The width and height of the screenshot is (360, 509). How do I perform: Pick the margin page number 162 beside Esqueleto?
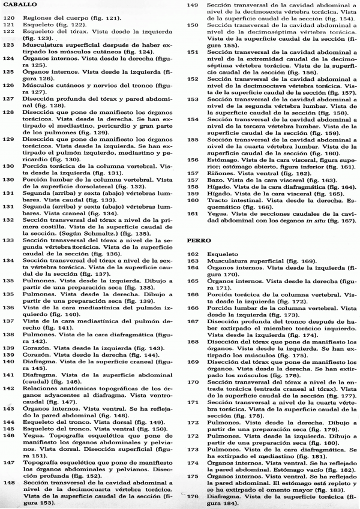[193, 254]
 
